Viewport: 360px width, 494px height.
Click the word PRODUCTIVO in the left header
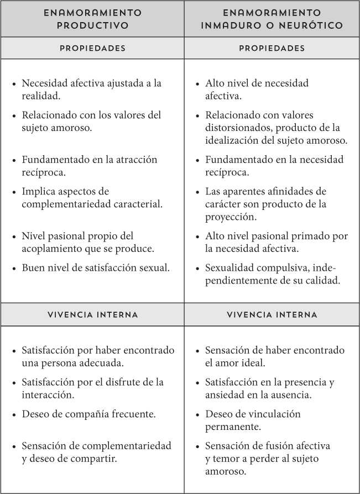[x=92, y=25]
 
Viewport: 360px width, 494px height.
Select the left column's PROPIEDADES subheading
[x=92, y=48]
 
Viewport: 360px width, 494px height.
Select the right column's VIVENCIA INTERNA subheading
[x=272, y=314]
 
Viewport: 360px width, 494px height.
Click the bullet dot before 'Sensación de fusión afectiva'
[x=199, y=446]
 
